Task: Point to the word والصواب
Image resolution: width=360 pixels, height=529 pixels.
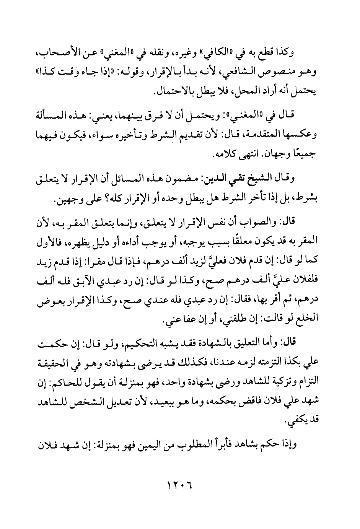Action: [264, 221]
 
